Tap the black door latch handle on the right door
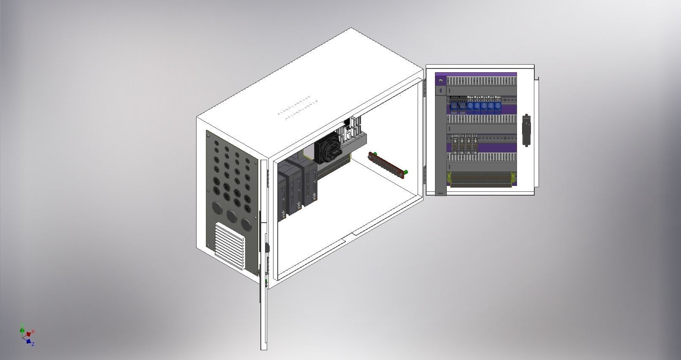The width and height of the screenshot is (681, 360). pyautogui.click(x=526, y=130)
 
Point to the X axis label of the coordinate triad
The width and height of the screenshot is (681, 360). pyautogui.click(x=33, y=332)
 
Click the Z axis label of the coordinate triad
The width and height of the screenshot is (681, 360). pyautogui.click(x=33, y=344)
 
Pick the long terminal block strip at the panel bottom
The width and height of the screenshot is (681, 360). pyautogui.click(x=481, y=179)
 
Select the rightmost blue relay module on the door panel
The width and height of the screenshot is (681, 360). pyautogui.click(x=498, y=106)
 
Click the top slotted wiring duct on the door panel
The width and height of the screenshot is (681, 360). pyautogui.click(x=482, y=80)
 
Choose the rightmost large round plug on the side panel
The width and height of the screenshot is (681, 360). pyautogui.click(x=246, y=223)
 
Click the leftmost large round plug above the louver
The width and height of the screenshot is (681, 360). pyautogui.click(x=217, y=208)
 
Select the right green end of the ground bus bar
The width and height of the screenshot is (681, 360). pyautogui.click(x=405, y=172)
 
